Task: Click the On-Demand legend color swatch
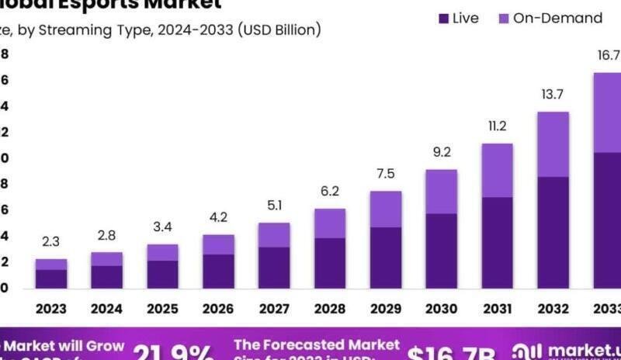pyautogui.click(x=502, y=18)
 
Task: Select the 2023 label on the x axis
pyautogui.click(x=50, y=309)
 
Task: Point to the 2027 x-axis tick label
pyautogui.click(x=274, y=309)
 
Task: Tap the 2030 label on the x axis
pyautogui.click(x=442, y=309)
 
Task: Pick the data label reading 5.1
pyautogui.click(x=274, y=206)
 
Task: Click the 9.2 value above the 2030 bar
pyautogui.click(x=442, y=152)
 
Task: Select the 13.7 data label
pyautogui.click(x=553, y=94)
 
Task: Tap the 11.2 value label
pyautogui.click(x=497, y=126)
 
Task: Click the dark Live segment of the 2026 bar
pyautogui.click(x=218, y=272)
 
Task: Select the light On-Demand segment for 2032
pyautogui.click(x=553, y=144)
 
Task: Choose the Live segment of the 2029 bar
pyautogui.click(x=386, y=258)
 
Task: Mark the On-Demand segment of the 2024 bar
pyautogui.click(x=106, y=259)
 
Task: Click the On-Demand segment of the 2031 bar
pyautogui.click(x=497, y=171)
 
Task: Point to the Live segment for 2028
pyautogui.click(x=330, y=264)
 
